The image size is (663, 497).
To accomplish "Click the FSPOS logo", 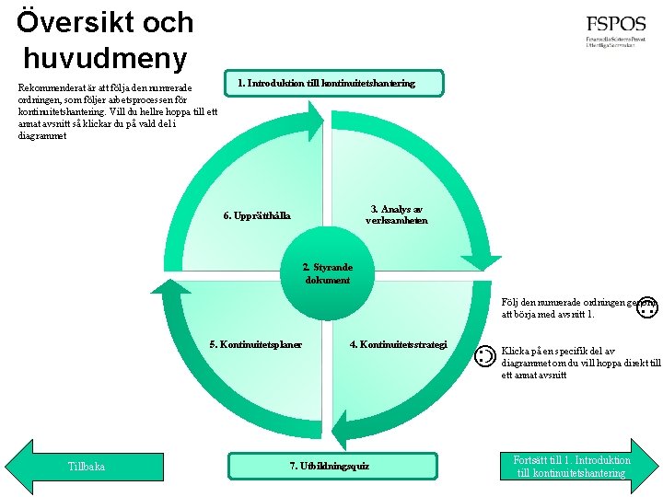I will tap(615, 34).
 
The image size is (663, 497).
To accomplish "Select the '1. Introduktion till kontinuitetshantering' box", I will tap(326, 83).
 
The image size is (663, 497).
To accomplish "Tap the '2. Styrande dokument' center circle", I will tap(327, 273).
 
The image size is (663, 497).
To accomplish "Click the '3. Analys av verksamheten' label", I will tap(396, 214).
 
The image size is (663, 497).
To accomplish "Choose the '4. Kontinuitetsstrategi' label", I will tap(398, 345).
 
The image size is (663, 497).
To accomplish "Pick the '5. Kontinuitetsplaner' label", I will tap(255, 345).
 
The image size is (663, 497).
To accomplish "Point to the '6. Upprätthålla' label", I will tap(257, 216).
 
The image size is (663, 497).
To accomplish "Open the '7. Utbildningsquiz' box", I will tap(329, 466).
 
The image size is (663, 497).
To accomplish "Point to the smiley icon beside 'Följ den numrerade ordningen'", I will tap(646, 307).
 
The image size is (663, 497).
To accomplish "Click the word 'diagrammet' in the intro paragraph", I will tap(42, 136).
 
